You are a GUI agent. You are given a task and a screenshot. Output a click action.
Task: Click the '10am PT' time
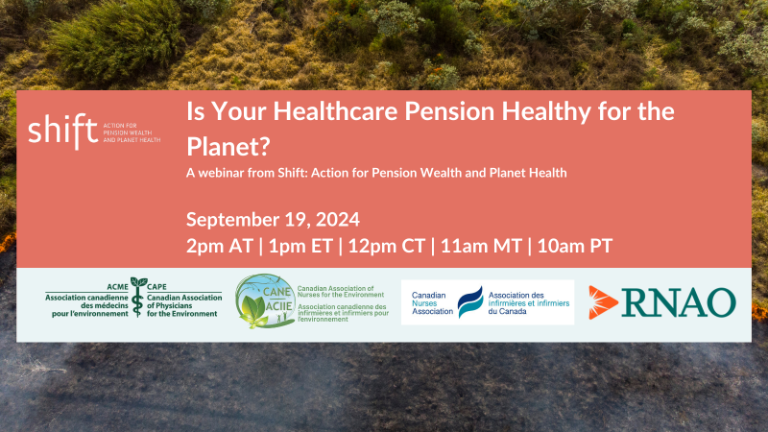[575, 245]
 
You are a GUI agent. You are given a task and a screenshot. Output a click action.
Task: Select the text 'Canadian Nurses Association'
[432, 303]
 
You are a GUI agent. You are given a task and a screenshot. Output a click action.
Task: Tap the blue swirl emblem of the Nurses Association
[469, 302]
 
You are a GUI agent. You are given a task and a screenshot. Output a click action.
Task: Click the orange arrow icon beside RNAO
[604, 301]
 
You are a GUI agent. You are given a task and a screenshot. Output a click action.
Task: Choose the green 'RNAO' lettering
[678, 302]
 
